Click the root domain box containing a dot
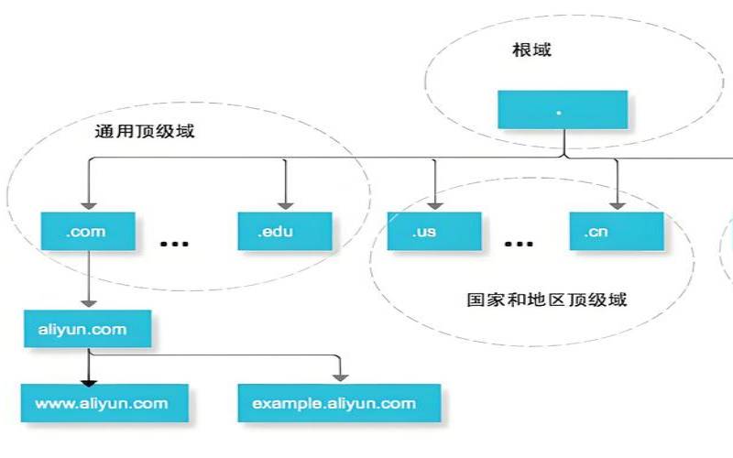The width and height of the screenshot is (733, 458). pyautogui.click(x=563, y=109)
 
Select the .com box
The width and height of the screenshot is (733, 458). pyautogui.click(x=87, y=231)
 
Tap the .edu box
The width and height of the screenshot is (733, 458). pyautogui.click(x=283, y=231)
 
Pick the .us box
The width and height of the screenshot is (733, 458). pyautogui.click(x=432, y=231)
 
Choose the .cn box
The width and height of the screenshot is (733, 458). pyautogui.click(x=615, y=231)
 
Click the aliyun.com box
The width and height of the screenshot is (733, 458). pyautogui.click(x=87, y=329)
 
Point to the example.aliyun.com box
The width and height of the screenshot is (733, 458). pyautogui.click(x=340, y=403)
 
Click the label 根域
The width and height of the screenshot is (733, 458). pyautogui.click(x=531, y=49)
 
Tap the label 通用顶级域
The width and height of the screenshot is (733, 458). pyautogui.click(x=145, y=130)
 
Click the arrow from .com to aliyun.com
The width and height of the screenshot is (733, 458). pyautogui.click(x=88, y=279)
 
